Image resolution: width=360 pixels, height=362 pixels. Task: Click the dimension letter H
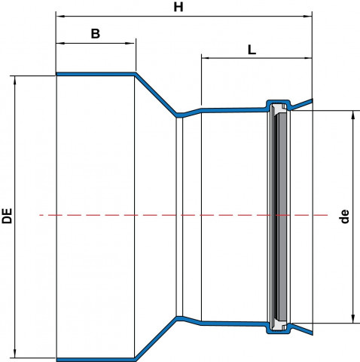point(178,7)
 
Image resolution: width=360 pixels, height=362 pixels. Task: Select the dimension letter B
point(96,34)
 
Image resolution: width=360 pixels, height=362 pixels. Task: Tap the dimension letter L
point(252,50)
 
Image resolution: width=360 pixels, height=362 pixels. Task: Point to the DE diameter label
point(8,216)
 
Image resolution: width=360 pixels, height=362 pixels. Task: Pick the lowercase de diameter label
point(345,216)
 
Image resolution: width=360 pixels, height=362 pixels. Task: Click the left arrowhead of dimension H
point(60,17)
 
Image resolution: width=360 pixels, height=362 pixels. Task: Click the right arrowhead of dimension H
point(307,17)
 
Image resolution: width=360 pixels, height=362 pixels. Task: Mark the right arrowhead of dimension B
point(130,43)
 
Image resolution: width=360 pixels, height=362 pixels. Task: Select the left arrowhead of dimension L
point(206,58)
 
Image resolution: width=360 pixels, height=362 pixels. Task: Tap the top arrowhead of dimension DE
point(15,81)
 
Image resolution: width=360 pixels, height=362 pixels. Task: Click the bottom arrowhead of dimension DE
point(15,353)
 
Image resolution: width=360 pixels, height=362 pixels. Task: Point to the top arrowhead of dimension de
point(353,115)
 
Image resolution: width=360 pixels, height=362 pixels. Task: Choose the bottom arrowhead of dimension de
point(353,319)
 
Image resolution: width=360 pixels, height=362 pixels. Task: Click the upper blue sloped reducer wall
point(156,95)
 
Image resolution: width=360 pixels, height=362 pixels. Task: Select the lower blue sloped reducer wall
point(156,339)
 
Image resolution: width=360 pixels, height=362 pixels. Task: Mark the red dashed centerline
point(183,215)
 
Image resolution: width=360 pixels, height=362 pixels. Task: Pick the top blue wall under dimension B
point(96,74)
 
